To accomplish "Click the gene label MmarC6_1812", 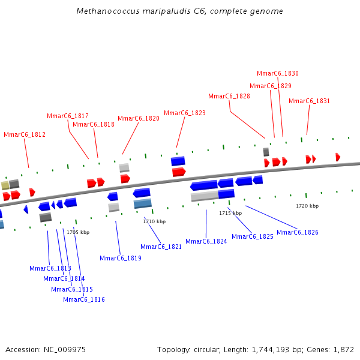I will pyautogui.click(x=25, y=134).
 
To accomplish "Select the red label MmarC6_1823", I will pyautogui.click(x=185, y=113).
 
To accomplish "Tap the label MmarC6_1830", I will pyautogui.click(x=278, y=73).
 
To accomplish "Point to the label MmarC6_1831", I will pyautogui.click(x=309, y=101).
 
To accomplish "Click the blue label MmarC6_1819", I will pyautogui.click(x=121, y=258).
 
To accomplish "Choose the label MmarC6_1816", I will pyautogui.click(x=84, y=299).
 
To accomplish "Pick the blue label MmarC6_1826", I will pyautogui.click(x=298, y=232).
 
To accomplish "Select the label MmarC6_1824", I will pyautogui.click(x=206, y=241).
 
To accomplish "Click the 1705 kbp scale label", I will pyautogui.click(x=78, y=232).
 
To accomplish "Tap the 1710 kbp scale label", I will pyautogui.click(x=154, y=221).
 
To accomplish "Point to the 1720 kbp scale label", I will pyautogui.click(x=307, y=206).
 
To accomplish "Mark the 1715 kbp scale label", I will pyautogui.click(x=230, y=213).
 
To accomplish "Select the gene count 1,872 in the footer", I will pyautogui.click(x=343, y=349).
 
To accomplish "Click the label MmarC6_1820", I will pyautogui.click(x=139, y=118).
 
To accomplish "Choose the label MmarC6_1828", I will pyautogui.click(x=229, y=96).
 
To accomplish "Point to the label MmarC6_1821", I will pyautogui.click(x=161, y=247).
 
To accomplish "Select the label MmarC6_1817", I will pyautogui.click(x=68, y=116).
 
